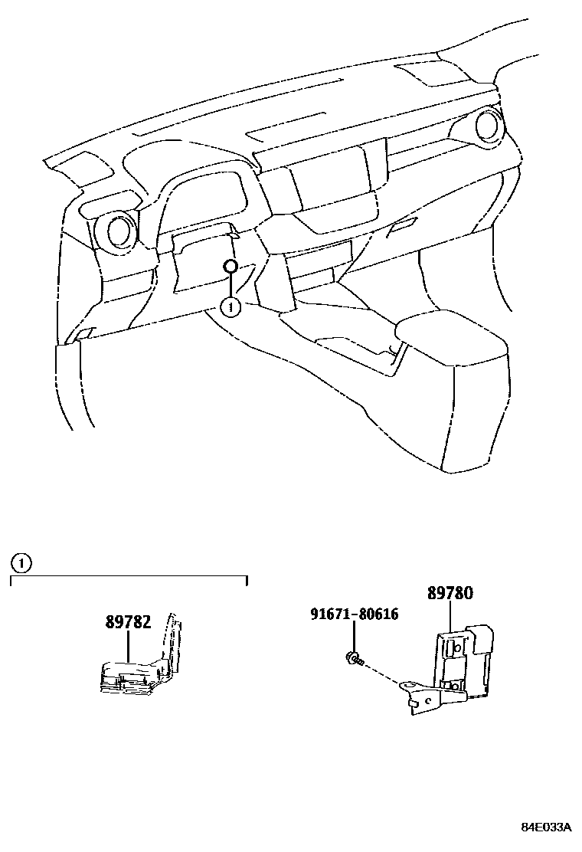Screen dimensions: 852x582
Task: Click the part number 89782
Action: coord(129,623)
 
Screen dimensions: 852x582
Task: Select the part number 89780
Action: coord(450,593)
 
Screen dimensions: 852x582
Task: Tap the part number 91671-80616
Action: coord(355,614)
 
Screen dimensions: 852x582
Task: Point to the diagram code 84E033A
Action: coord(546,828)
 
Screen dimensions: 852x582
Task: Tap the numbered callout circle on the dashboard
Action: coord(230,306)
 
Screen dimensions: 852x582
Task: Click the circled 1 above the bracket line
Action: coord(22,565)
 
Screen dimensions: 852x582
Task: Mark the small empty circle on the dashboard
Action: coord(230,267)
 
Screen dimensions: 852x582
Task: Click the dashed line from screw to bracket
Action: coord(383,670)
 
